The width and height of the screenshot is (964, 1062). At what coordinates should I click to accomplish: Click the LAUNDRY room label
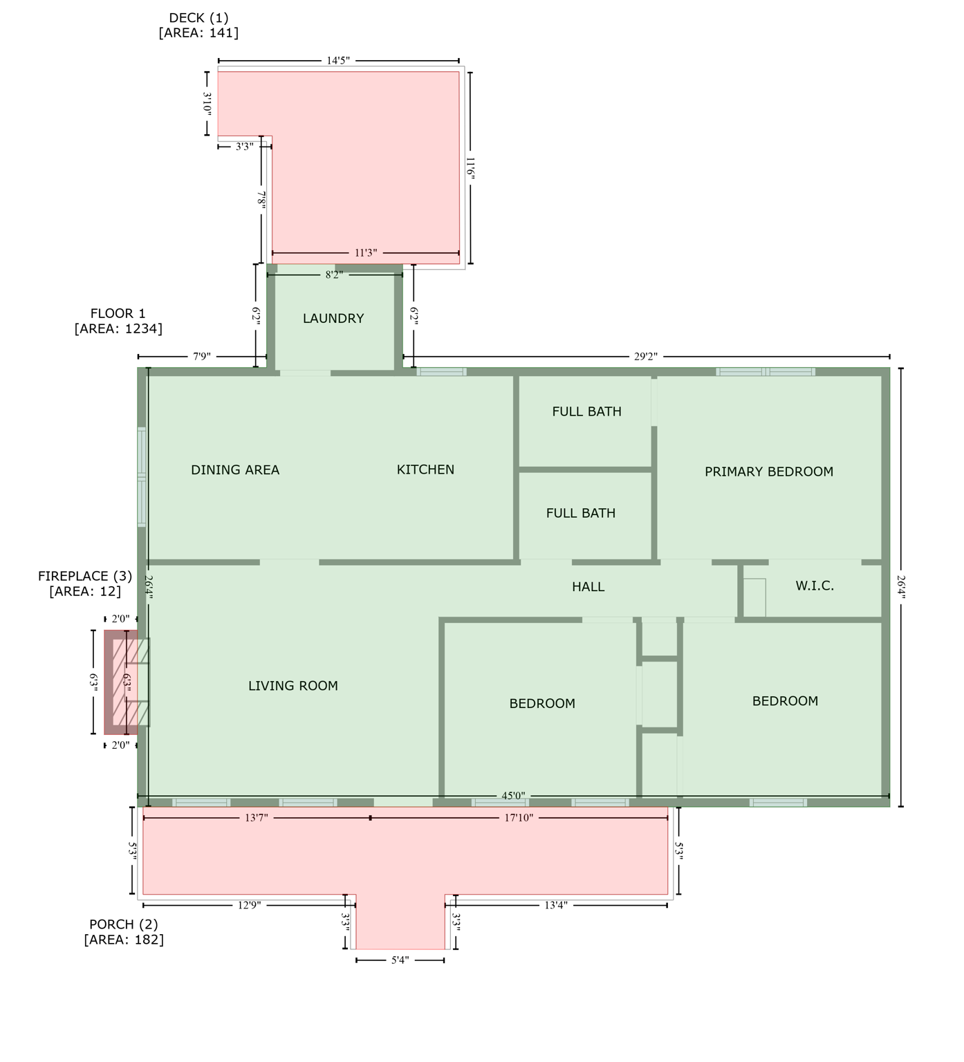(333, 319)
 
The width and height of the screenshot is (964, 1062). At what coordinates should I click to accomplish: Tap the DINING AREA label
(235, 470)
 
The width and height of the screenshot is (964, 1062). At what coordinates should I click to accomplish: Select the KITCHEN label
(425, 469)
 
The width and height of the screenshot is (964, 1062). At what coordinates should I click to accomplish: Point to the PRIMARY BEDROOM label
(768, 472)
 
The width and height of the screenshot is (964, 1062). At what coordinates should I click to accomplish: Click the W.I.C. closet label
(814, 586)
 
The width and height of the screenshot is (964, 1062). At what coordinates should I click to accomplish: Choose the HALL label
(588, 587)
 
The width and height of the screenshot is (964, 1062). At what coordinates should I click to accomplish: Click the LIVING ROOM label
(293, 686)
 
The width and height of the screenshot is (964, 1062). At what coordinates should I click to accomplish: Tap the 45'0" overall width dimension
(513, 796)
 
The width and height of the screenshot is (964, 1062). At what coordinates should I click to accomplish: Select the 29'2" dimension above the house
(645, 357)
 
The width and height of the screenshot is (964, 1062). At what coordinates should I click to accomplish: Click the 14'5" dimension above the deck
(338, 61)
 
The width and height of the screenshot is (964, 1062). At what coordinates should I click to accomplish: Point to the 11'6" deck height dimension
(470, 169)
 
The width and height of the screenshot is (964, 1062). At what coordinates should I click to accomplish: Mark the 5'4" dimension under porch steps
(400, 960)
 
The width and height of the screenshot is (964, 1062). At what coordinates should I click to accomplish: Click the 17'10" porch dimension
(519, 818)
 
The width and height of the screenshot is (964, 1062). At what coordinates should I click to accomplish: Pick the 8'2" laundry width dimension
(334, 275)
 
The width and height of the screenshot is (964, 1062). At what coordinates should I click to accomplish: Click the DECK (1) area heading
(198, 19)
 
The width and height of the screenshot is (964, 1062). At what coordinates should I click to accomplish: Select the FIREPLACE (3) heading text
(85, 576)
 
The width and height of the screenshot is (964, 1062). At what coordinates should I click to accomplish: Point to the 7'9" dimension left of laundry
(201, 357)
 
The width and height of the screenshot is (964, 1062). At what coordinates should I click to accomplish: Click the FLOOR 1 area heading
(118, 314)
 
